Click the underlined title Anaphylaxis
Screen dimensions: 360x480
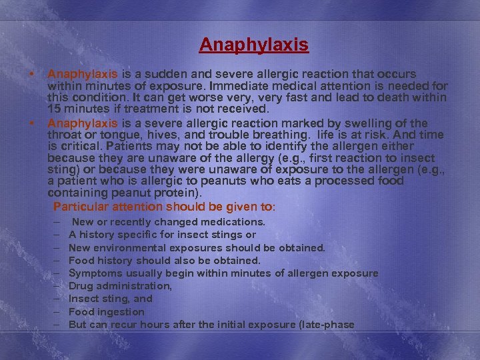click(253, 45)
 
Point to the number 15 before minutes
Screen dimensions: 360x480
click(55, 109)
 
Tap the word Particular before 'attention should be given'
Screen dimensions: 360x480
click(80, 206)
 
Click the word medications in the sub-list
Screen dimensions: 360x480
click(233, 222)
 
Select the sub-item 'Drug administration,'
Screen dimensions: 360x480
click(120, 286)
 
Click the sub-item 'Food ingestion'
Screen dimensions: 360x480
click(107, 312)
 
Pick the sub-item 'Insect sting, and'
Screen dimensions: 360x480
click(111, 299)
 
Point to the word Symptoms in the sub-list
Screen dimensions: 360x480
click(95, 273)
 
